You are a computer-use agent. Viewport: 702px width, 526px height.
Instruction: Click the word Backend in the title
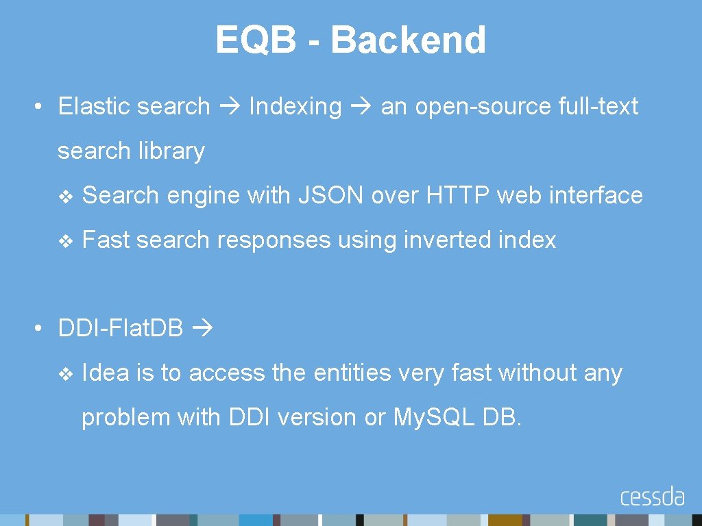click(409, 40)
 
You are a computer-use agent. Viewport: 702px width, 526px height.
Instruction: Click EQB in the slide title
click(256, 40)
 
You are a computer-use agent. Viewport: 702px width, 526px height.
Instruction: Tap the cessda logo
click(652, 497)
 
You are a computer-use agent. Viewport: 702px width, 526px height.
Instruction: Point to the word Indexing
click(295, 106)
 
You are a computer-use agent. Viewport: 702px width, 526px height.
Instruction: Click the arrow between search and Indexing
click(230, 107)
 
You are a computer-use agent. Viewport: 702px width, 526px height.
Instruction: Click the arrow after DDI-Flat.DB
click(203, 329)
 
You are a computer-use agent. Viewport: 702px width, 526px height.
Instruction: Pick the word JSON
click(331, 196)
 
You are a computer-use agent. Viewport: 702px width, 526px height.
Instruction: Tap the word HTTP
click(459, 196)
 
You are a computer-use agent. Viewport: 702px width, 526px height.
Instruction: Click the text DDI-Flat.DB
click(121, 329)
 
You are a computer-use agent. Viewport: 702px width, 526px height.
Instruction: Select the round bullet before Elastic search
click(41, 107)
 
